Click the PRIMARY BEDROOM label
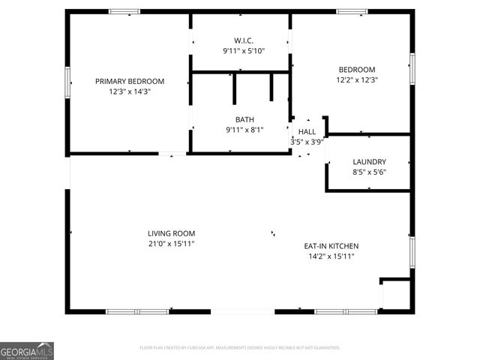click(x=129, y=81)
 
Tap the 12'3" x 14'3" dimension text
click(x=129, y=91)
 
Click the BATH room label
click(x=244, y=119)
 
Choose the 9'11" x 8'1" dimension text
click(x=244, y=130)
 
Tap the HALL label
click(x=307, y=131)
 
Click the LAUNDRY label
click(x=369, y=161)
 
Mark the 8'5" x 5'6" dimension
click(x=369, y=172)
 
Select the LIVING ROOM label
click(x=171, y=233)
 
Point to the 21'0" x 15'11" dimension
click(x=171, y=244)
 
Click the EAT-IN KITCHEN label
click(x=331, y=246)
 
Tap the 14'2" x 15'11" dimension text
click(x=331, y=256)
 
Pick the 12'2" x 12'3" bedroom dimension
click(x=355, y=79)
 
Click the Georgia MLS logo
click(x=27, y=351)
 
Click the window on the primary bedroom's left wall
click(x=67, y=82)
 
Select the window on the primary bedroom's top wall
click(x=124, y=11)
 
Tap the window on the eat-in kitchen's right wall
click(x=412, y=252)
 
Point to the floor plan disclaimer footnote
click(x=240, y=348)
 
